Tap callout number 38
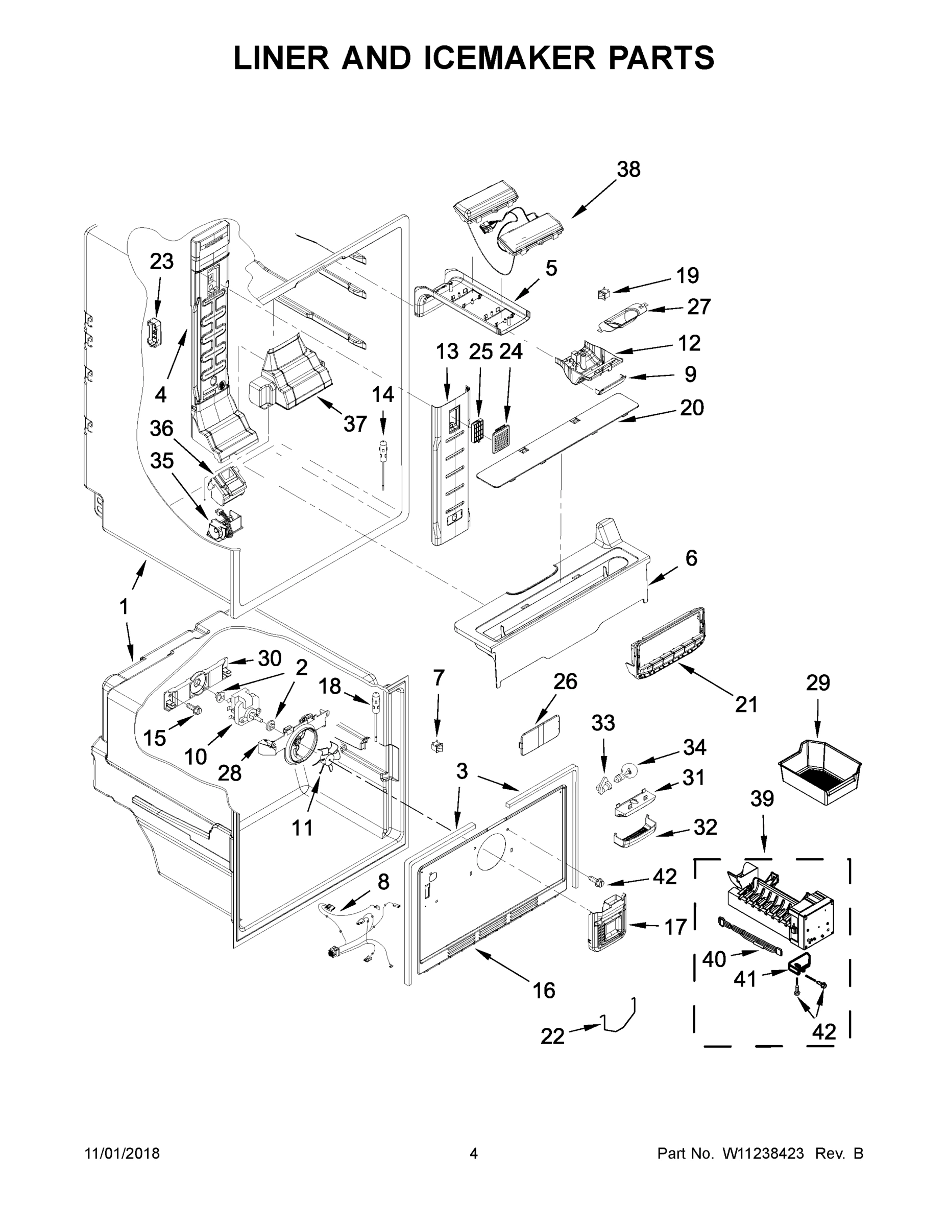628,169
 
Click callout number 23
161,262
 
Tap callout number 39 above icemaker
762,799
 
